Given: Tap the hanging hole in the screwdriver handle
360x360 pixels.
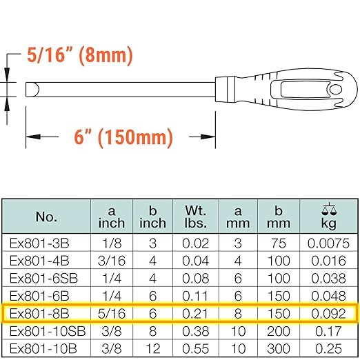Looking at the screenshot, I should click(x=335, y=91).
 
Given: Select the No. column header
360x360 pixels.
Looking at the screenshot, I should click(x=46, y=217).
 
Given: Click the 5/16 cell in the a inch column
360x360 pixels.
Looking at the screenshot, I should click(x=112, y=312).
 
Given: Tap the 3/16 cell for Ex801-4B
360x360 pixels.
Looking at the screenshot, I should click(x=112, y=260).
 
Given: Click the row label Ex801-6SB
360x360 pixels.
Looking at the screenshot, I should click(x=46, y=277).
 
